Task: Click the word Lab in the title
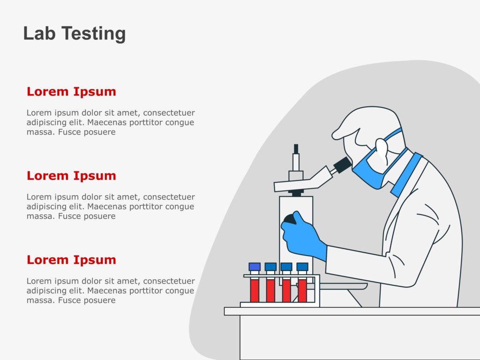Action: click(x=39, y=33)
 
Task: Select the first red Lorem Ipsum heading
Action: click(x=71, y=92)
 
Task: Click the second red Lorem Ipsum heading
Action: click(x=71, y=176)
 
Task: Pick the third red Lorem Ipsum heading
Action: click(x=71, y=260)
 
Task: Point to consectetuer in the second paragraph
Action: click(x=169, y=197)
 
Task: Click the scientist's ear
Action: click(x=382, y=150)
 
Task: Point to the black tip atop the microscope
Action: click(x=296, y=149)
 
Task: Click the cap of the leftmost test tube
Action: click(x=255, y=267)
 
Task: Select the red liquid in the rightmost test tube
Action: click(x=302, y=290)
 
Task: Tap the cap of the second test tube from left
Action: click(x=270, y=267)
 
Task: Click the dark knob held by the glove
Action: click(x=290, y=219)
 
